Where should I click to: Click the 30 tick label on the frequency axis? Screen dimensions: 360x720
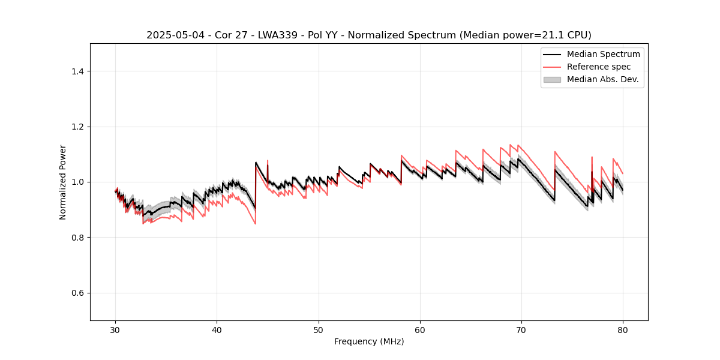pyautogui.click(x=116, y=330)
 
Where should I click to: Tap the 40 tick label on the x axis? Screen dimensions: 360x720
pyautogui.click(x=217, y=330)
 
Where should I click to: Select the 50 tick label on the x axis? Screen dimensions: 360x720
pyautogui.click(x=319, y=330)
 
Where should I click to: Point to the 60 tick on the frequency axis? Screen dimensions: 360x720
pyautogui.click(x=420, y=330)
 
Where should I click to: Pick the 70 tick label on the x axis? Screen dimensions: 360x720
pyautogui.click(x=521, y=330)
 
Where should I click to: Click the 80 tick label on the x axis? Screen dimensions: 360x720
pyautogui.click(x=623, y=330)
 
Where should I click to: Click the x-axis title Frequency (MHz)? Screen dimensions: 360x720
pyautogui.click(x=369, y=341)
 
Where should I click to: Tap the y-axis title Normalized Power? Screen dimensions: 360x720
pyautogui.click(x=63, y=182)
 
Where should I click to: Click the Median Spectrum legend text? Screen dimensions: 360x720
pyautogui.click(x=603, y=54)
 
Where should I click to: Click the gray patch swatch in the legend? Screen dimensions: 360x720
pyautogui.click(x=552, y=79)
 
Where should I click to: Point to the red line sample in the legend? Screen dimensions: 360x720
pyautogui.click(x=552, y=67)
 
